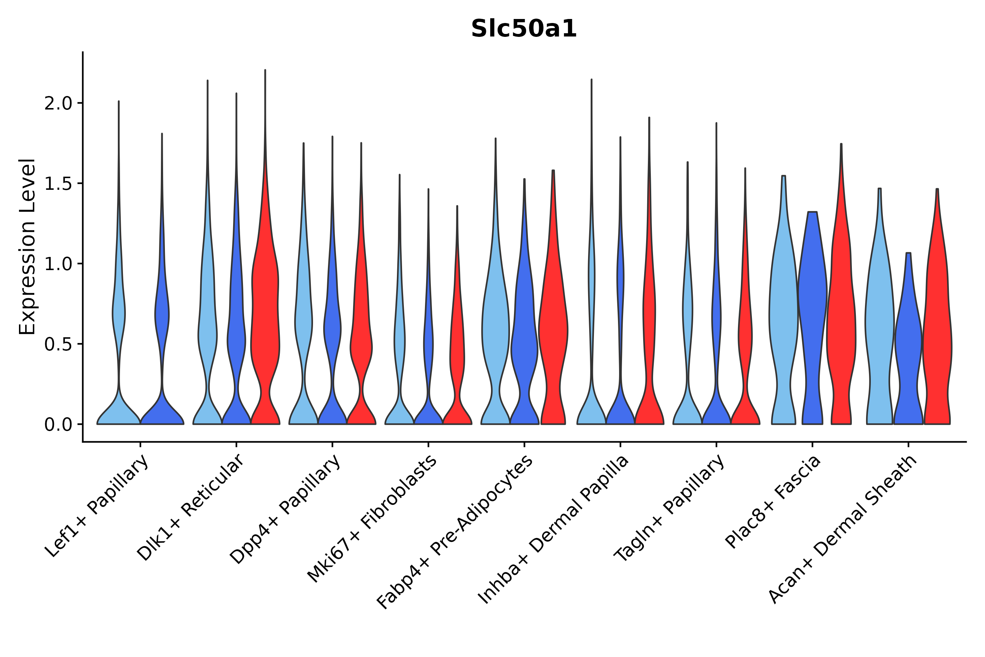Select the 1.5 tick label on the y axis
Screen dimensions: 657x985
tap(58, 184)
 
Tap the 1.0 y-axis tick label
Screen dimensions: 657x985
tap(58, 264)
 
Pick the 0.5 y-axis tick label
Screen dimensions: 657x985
tap(58, 345)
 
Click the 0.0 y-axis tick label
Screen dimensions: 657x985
tap(58, 425)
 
